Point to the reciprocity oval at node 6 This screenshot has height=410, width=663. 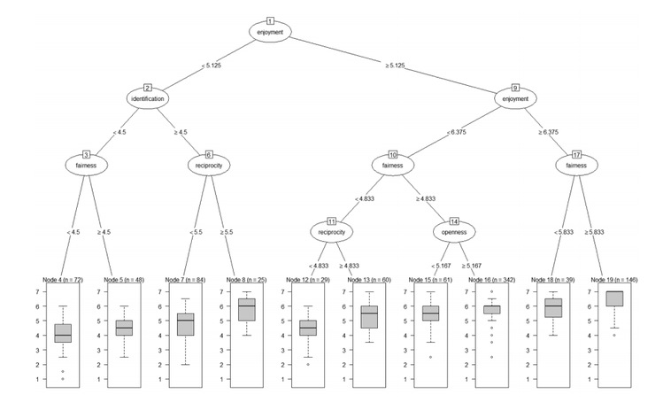point(209,164)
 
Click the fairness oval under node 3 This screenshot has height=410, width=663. point(86,164)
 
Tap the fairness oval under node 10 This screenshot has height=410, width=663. point(393,164)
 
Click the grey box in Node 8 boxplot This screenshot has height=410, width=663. point(246,309)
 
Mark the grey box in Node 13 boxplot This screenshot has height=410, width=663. point(367,316)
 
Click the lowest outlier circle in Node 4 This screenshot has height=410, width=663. point(63,379)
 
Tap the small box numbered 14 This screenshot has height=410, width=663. point(454,220)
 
